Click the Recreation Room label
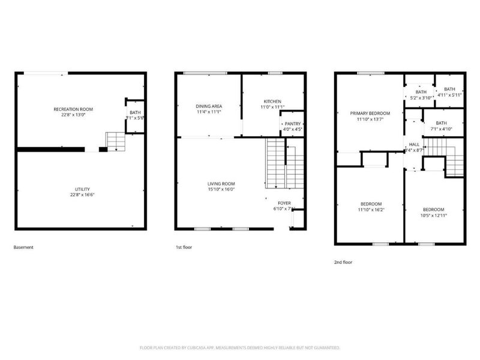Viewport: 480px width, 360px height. (x=73, y=109)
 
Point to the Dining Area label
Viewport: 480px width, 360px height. (x=207, y=106)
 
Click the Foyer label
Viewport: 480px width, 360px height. (x=284, y=203)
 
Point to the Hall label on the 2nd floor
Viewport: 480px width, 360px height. (x=414, y=145)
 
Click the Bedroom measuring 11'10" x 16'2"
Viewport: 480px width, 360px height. (x=370, y=204)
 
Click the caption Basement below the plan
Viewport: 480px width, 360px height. (x=24, y=247)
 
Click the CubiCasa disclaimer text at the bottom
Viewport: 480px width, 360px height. (x=240, y=347)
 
